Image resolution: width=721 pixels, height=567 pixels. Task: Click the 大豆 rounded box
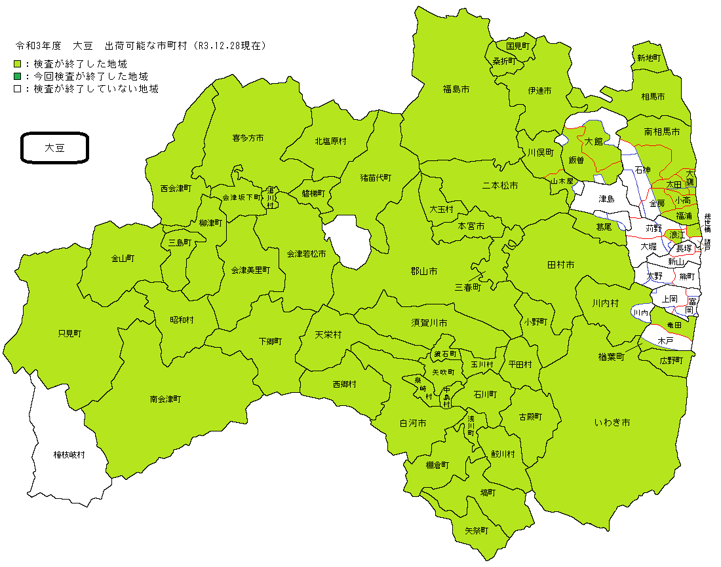click(x=54, y=148)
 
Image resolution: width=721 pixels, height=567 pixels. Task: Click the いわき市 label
click(x=612, y=423)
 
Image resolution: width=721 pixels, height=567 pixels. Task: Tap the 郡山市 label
click(x=424, y=271)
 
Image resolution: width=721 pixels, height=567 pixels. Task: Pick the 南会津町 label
click(x=165, y=399)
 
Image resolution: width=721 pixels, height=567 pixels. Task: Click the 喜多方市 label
click(x=248, y=138)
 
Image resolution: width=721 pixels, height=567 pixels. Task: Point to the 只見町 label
click(x=69, y=333)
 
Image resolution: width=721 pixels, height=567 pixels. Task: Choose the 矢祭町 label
click(x=477, y=530)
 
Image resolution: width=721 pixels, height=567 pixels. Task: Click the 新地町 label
click(x=648, y=58)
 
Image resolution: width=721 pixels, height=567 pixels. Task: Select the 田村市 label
click(x=560, y=265)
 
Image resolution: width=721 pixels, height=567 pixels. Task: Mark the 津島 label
click(x=607, y=198)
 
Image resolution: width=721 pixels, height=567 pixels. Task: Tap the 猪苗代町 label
click(x=376, y=177)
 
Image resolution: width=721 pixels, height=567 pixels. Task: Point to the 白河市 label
click(x=413, y=424)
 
